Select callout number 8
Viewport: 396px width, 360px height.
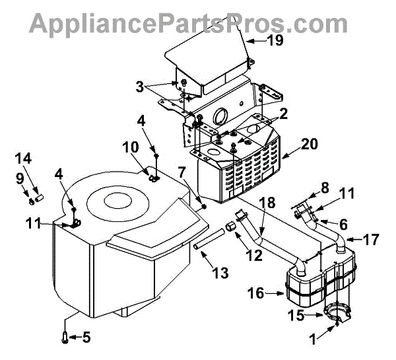[x=323, y=188]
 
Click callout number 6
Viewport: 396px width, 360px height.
[x=343, y=224]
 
